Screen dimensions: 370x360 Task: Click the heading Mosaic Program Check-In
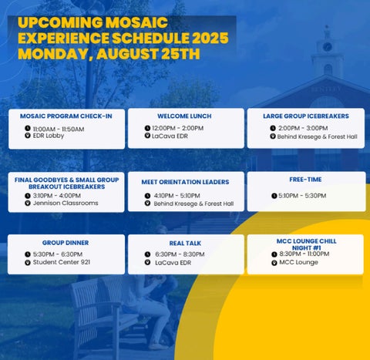(x=66, y=116)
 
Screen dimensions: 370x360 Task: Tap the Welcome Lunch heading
(x=184, y=116)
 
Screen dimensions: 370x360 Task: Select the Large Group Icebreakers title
(x=306, y=116)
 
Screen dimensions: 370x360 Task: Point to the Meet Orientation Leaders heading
(x=185, y=182)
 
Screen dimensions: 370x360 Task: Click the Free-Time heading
(x=305, y=180)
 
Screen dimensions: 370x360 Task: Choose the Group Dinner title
(x=66, y=243)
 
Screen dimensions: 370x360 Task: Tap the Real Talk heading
(x=185, y=243)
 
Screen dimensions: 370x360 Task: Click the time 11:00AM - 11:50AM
(x=59, y=129)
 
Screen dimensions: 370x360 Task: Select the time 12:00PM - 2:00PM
(x=178, y=128)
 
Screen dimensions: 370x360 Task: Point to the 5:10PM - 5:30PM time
(x=302, y=196)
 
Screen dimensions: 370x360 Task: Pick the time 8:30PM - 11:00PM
(x=304, y=254)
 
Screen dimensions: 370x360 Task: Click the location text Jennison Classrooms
(x=66, y=203)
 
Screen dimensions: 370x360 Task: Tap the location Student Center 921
(x=62, y=262)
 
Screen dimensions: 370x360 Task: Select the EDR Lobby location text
(x=49, y=136)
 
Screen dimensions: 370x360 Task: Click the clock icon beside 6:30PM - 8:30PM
(x=147, y=254)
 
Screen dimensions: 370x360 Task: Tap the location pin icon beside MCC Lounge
(x=274, y=263)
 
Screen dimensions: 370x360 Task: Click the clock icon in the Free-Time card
(x=274, y=196)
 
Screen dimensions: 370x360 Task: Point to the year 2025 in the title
(x=210, y=38)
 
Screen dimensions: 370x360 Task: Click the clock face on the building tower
(x=327, y=47)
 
